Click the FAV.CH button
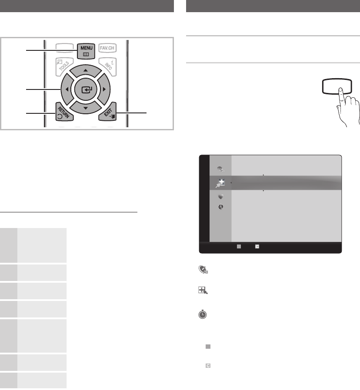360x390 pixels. (x=107, y=48)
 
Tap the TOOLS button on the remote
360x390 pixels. (x=64, y=66)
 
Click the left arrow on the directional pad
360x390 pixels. (x=67, y=89)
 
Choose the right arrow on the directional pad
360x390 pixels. (x=104, y=89)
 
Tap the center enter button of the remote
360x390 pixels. (x=86, y=89)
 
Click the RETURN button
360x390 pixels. (x=64, y=112)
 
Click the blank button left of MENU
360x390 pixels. (x=64, y=47)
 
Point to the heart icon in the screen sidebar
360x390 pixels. (x=220, y=197)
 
